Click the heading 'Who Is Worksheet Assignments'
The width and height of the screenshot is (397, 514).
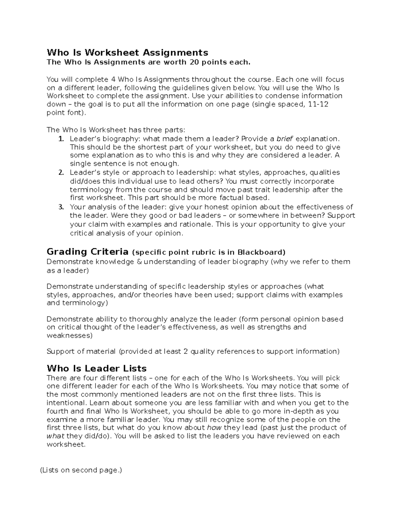127,52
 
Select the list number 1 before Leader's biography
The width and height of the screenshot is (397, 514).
61,139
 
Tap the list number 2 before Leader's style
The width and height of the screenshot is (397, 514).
61,172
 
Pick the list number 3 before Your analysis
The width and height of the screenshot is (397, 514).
61,207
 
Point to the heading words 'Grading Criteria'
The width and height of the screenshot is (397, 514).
88,252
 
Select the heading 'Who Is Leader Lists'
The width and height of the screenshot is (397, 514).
97,368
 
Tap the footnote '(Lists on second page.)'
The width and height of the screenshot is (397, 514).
81,470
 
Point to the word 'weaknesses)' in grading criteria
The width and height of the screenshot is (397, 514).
69,335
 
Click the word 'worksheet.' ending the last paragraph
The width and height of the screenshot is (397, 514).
66,444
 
